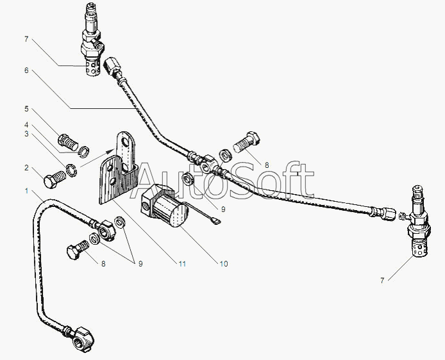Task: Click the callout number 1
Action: coord(27,191)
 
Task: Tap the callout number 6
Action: coord(26,70)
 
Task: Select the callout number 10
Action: coord(224,264)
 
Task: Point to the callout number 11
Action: coord(182,264)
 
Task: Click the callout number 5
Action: coord(26,109)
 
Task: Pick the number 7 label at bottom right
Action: coord(382,281)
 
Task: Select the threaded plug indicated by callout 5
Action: coord(68,142)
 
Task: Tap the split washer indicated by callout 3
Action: coord(71,170)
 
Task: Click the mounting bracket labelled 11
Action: coord(119,170)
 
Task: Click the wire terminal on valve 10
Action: coord(215,220)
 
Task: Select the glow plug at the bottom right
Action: coord(418,222)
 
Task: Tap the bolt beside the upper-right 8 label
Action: coord(246,144)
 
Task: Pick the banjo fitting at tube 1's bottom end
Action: coord(81,339)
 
